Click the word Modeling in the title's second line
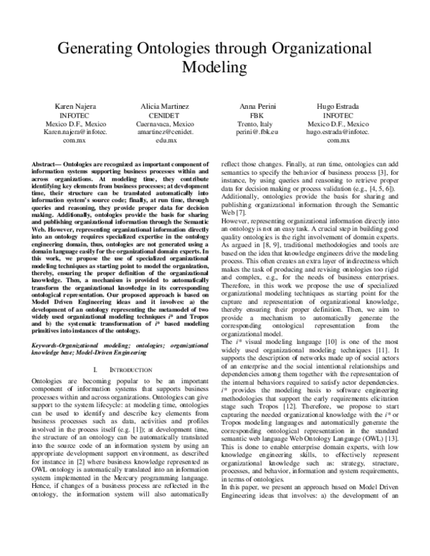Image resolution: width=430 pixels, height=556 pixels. coord(214,67)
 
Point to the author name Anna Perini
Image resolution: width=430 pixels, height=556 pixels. coord(257,106)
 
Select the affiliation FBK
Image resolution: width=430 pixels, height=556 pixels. coord(257,115)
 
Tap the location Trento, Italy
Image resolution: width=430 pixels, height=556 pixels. coord(257,123)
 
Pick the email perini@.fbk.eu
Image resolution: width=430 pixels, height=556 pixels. coord(257,132)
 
